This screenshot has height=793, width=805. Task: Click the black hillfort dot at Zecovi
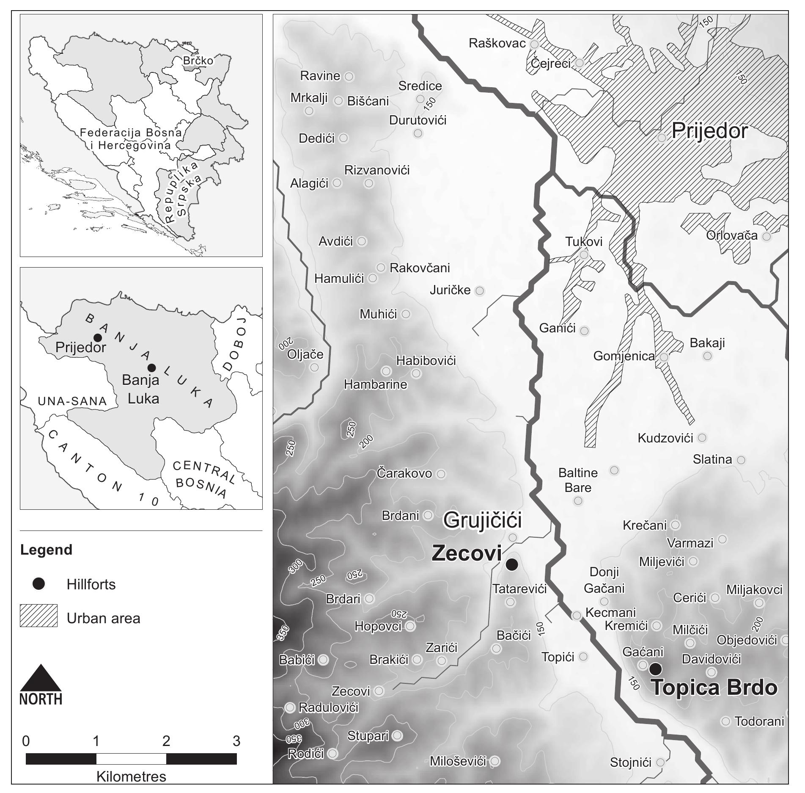(512, 564)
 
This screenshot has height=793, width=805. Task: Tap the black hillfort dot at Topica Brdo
(655, 669)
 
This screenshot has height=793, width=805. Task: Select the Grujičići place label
(482, 520)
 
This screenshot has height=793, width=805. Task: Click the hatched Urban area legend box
(39, 616)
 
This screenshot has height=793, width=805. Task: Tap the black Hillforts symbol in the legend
(39, 584)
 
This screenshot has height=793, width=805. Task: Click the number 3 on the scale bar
(236, 741)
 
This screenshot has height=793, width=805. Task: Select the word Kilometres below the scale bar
(131, 776)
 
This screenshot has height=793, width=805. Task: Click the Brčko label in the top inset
(198, 61)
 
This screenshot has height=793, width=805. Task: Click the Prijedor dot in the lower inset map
(97, 337)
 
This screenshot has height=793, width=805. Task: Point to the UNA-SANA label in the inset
(72, 401)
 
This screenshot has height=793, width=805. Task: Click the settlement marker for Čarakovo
(441, 474)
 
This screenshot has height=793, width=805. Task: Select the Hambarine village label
(375, 384)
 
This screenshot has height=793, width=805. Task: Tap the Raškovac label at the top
(497, 43)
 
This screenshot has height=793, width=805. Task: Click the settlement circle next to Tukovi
(584, 254)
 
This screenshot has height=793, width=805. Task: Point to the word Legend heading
(46, 550)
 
